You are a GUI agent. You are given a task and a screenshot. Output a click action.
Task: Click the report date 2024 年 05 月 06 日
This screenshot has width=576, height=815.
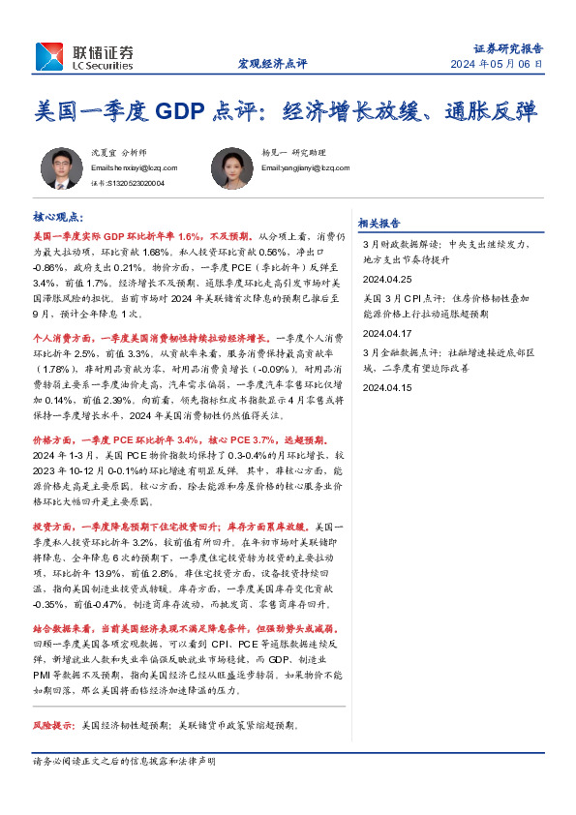497,64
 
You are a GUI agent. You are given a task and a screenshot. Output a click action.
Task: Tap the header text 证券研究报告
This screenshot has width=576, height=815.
507,47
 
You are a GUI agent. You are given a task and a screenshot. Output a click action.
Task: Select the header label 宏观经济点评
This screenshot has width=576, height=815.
272,64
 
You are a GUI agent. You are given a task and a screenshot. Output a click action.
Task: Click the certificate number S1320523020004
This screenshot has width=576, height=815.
127,182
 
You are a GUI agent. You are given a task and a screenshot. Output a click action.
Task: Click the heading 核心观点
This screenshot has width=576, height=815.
57,219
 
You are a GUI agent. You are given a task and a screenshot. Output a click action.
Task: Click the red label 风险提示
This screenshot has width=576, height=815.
52,724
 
